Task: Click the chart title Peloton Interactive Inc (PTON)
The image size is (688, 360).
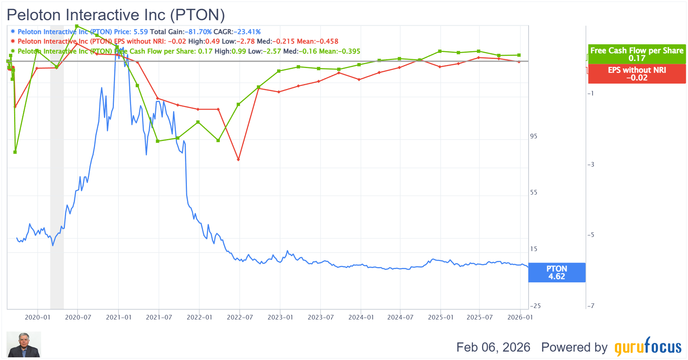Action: click(x=116, y=15)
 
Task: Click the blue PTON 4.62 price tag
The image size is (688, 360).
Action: click(x=557, y=272)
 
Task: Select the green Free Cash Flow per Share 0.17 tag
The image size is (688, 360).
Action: click(x=636, y=54)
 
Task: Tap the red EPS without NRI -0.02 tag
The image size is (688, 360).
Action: click(x=636, y=74)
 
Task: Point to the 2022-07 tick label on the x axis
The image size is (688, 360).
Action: click(x=240, y=317)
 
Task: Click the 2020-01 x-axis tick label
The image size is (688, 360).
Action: click(x=37, y=317)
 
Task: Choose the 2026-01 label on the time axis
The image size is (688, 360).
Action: click(x=520, y=317)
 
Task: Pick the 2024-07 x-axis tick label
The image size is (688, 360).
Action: click(x=400, y=317)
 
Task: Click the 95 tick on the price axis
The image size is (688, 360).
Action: click(x=534, y=136)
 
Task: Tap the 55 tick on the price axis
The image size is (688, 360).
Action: click(x=534, y=193)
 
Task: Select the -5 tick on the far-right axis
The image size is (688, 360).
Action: click(x=591, y=235)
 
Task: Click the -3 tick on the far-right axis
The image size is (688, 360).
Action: click(x=591, y=165)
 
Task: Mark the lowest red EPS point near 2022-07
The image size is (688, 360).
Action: click(x=238, y=159)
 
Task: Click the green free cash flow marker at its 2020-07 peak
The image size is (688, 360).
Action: click(x=77, y=26)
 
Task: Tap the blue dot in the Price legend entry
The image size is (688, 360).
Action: click(x=13, y=31)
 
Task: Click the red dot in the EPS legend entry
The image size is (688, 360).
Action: click(x=13, y=41)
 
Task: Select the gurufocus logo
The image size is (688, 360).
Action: click(x=648, y=347)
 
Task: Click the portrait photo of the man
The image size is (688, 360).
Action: click(x=24, y=344)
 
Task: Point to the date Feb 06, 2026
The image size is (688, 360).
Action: click(x=493, y=347)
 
